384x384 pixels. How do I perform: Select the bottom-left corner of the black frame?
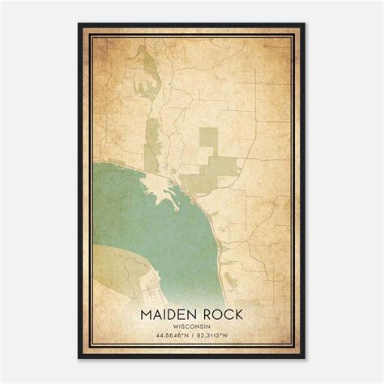coord(79,358)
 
